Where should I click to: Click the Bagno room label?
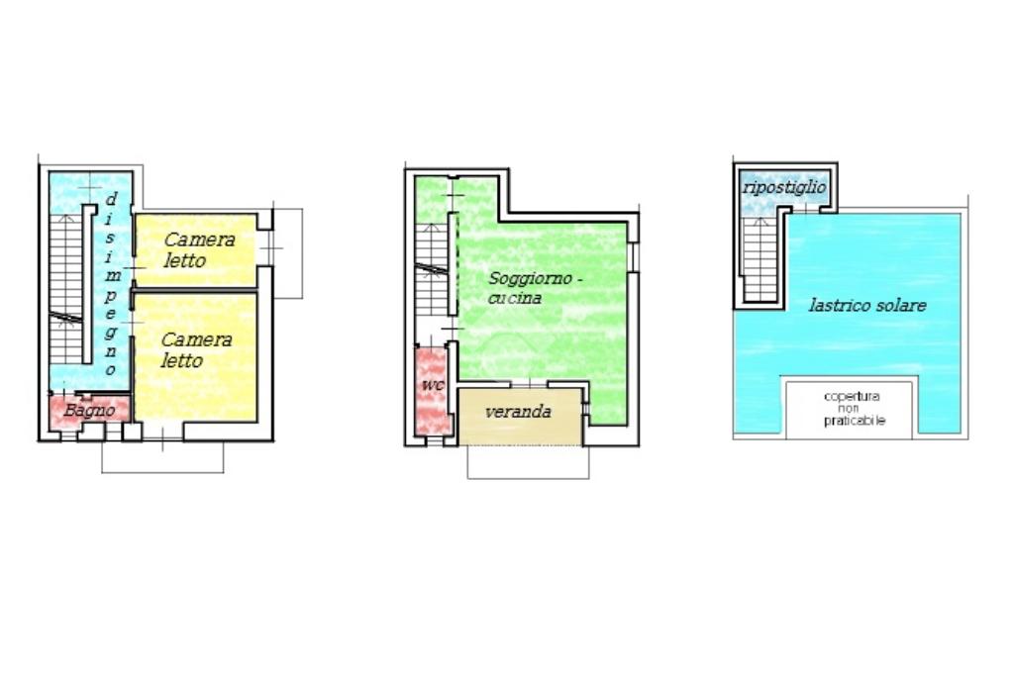(x=89, y=411)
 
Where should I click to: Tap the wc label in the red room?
(x=433, y=385)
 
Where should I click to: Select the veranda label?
(x=518, y=412)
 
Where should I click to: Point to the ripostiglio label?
(x=784, y=187)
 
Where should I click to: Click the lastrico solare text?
(x=867, y=305)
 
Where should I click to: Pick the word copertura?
(x=851, y=397)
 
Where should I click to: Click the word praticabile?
(x=855, y=421)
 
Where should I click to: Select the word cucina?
(x=515, y=299)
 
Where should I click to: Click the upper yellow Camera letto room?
(x=195, y=249)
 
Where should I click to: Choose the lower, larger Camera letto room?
(x=195, y=357)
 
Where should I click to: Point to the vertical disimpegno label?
(x=111, y=284)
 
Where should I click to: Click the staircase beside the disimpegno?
(x=66, y=288)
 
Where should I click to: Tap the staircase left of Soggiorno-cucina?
(x=432, y=269)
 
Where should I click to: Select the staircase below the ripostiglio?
(x=760, y=259)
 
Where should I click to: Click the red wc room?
(x=431, y=392)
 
